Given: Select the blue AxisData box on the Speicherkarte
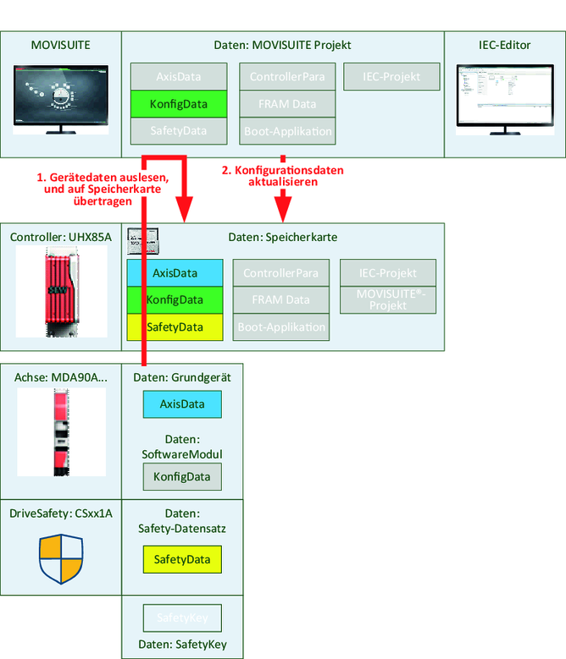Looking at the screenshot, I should click(x=175, y=273).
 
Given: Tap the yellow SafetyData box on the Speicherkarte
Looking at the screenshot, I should click(x=175, y=327).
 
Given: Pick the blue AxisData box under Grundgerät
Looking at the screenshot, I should click(x=181, y=404).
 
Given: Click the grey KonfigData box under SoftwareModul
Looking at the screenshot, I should click(x=181, y=477).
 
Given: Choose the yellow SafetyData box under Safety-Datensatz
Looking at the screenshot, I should click(x=181, y=559).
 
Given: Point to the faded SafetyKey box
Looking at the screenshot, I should click(x=181, y=618).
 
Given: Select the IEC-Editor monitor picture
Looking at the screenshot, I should click(x=504, y=98).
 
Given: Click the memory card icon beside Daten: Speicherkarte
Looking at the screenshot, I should click(x=143, y=241).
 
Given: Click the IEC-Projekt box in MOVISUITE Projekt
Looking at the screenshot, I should click(x=393, y=77).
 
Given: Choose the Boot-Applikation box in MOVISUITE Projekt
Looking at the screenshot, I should click(x=287, y=131).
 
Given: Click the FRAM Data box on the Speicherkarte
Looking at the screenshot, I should click(x=280, y=299).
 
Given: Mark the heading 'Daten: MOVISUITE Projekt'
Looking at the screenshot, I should click(x=283, y=45).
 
